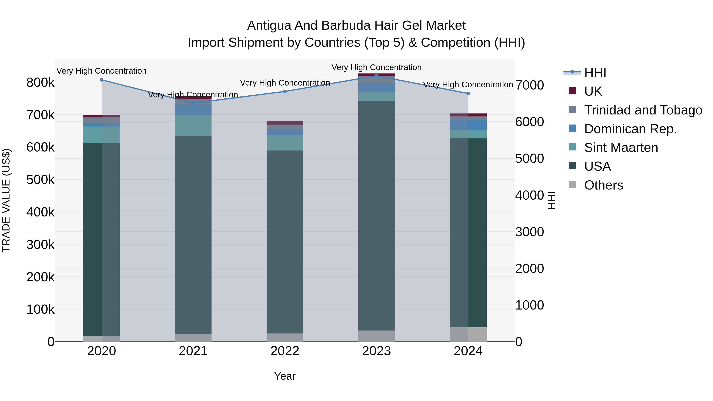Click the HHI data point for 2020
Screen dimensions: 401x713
[x=102, y=80]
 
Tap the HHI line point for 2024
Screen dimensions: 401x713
[x=468, y=93]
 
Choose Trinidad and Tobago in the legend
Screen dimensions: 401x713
[x=643, y=110]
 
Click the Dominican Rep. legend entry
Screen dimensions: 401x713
[x=630, y=129]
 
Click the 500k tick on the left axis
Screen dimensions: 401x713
[x=40, y=180]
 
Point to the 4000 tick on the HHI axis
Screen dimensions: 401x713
[x=529, y=195]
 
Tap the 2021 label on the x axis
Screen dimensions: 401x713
[x=193, y=351]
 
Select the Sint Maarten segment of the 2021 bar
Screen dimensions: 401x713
[x=193, y=125]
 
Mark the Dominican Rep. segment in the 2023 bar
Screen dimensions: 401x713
[x=377, y=88]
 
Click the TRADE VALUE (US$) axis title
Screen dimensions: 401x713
[x=6, y=200]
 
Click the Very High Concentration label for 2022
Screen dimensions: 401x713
[x=285, y=83]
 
